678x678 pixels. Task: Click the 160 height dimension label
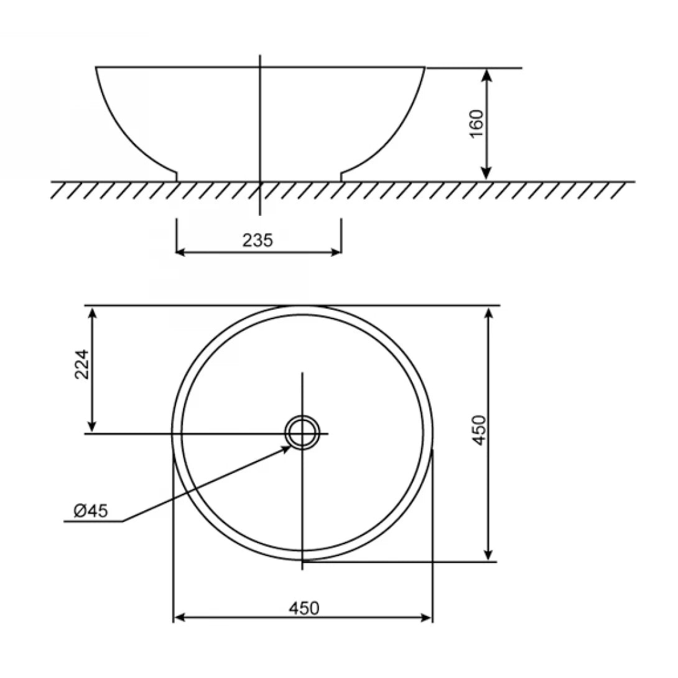tap(476, 124)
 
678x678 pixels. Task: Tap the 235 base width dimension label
tap(258, 240)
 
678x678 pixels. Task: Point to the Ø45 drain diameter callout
tap(91, 511)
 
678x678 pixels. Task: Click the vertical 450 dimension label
tap(480, 430)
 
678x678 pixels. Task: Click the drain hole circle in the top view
tap(303, 432)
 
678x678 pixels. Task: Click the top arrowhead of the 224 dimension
tap(93, 312)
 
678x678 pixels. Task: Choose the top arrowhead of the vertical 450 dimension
tap(490, 313)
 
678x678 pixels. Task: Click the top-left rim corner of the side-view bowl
tap(96, 67)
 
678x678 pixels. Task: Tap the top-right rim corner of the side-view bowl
tap(425, 67)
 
